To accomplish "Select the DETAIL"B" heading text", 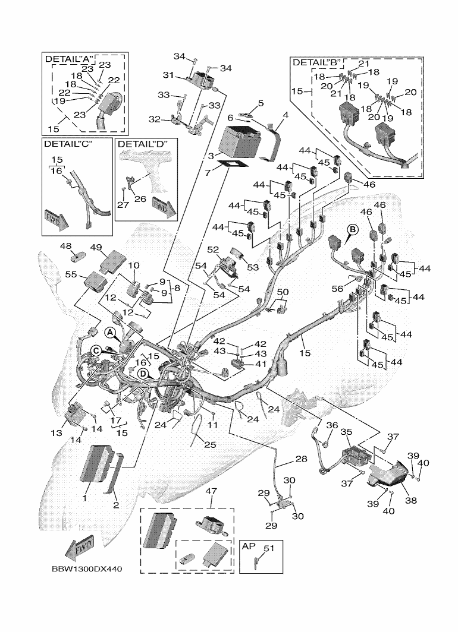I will (x=315, y=62).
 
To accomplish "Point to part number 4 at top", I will (x=286, y=114).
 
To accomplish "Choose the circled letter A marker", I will (x=111, y=331).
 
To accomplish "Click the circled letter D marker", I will (x=143, y=373).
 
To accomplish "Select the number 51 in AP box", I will (x=269, y=549).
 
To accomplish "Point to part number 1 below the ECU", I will (x=85, y=498).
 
